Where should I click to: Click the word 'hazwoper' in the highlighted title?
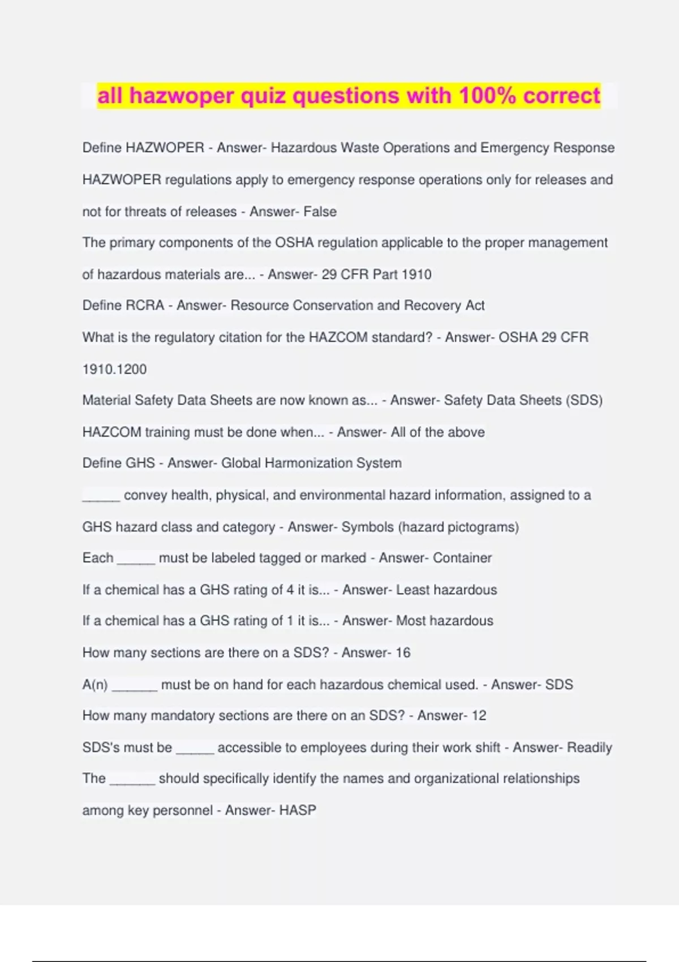coord(182,96)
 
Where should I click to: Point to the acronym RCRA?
coord(144,306)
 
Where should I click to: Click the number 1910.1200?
coord(114,370)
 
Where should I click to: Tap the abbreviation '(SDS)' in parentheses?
coord(585,401)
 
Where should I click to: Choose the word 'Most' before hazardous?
coord(410,621)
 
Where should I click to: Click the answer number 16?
coord(403,652)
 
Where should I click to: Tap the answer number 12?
coord(479,715)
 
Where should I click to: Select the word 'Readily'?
coord(590,748)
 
